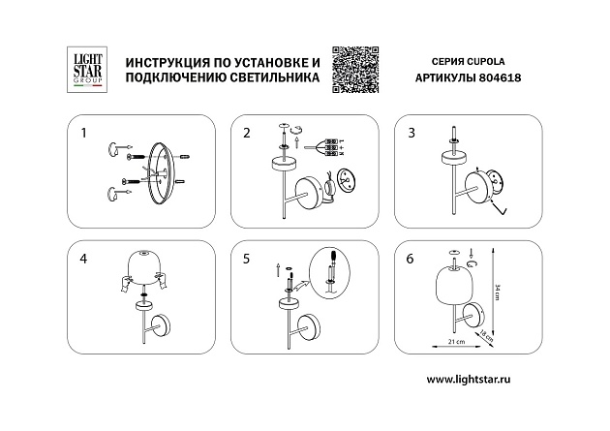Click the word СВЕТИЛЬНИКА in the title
tap(268, 82)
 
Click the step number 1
tap(83, 131)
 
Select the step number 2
tap(246, 131)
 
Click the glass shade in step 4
tap(144, 268)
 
